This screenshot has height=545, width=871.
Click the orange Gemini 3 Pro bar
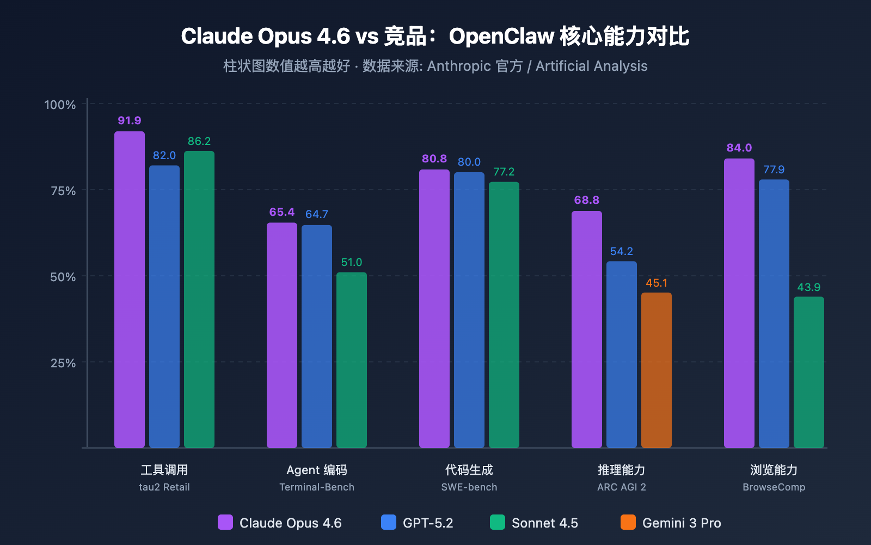point(656,371)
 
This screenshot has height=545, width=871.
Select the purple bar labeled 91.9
point(130,289)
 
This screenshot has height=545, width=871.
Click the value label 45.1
point(657,283)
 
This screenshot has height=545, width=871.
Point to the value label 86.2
point(199,141)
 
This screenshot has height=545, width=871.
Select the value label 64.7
point(317,214)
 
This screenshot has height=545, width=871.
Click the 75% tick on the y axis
point(63,191)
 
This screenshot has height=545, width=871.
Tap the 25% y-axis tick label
point(63,363)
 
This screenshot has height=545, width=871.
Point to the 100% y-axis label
point(60,105)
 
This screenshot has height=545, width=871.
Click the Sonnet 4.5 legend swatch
point(498,522)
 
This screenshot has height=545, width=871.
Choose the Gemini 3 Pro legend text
point(682,523)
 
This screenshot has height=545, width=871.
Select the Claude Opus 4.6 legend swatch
point(225,522)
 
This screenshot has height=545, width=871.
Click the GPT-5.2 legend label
point(428,523)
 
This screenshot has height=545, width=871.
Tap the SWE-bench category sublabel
point(469,487)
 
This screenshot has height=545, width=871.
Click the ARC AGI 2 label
point(622,487)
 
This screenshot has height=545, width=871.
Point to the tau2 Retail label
point(164,487)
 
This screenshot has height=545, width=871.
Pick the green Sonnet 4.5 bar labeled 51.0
point(352,360)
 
